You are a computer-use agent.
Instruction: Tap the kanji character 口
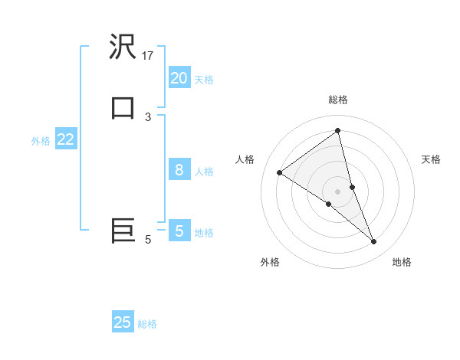pos(123,109)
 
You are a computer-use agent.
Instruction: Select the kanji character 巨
pos(123,231)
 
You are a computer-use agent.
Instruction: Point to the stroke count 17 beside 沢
pos(148,55)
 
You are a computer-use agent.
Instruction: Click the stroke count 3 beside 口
pos(148,116)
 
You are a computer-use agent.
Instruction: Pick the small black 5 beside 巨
pos(148,240)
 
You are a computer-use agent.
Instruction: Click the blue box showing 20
pos(179,78)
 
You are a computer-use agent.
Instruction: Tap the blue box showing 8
pos(179,170)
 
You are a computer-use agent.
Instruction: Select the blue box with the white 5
pos(179,231)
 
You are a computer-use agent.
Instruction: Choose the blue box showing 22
pos(65,139)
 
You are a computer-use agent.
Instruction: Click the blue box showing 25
pos(123,322)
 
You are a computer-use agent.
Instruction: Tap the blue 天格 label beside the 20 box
pos(204,79)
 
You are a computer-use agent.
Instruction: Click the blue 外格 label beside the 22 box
pos(41,140)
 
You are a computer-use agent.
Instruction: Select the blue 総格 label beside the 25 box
pos(147,323)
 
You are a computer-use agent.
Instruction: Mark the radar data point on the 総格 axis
pos(337,130)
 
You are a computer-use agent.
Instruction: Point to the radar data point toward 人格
pos(280,172)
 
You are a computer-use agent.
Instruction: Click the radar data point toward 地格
pos(373,242)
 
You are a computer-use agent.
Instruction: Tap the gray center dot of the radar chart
pos(337,191)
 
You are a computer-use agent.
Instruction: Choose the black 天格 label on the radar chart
pos(431,159)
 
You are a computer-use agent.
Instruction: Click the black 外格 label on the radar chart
pos(270,262)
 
